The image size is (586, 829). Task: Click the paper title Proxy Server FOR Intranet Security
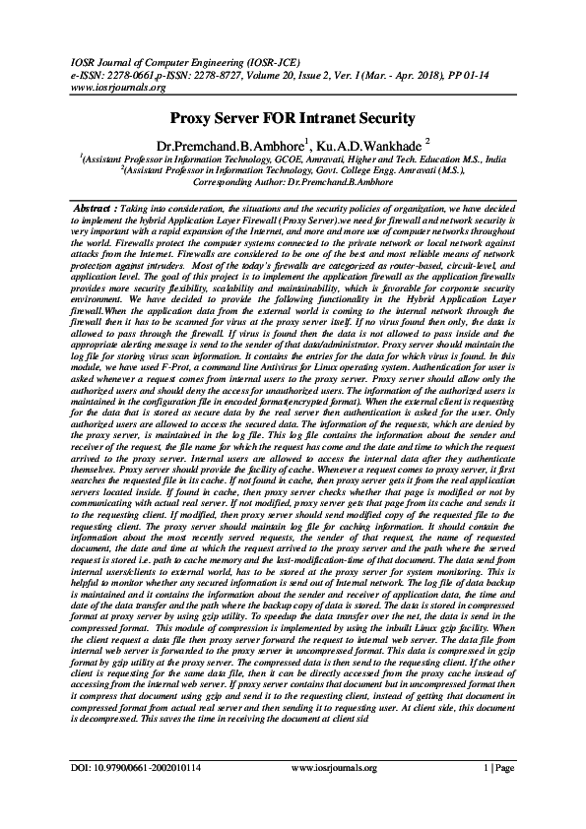coord(293,119)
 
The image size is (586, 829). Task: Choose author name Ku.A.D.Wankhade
coord(363,146)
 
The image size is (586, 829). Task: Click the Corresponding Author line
coord(293,182)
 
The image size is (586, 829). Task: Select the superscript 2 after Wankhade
coord(427,141)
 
